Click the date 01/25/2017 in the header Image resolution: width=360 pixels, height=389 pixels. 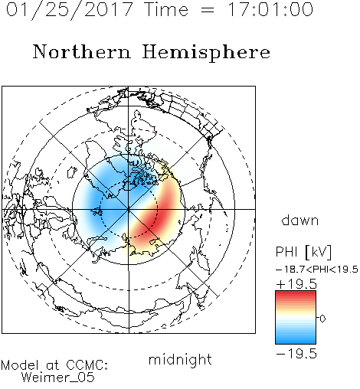pyautogui.click(x=70, y=10)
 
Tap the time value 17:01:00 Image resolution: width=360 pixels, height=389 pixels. pyautogui.click(x=270, y=9)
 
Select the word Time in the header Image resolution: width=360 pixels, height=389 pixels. pyautogui.click(x=166, y=9)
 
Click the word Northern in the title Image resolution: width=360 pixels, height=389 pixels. pyautogui.click(x=82, y=51)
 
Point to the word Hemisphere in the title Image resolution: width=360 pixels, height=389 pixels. pyautogui.click(x=206, y=53)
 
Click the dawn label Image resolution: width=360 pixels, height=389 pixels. pyautogui.click(x=300, y=220)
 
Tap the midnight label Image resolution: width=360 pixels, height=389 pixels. pyautogui.click(x=180, y=359)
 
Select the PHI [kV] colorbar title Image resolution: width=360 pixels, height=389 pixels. pyautogui.click(x=303, y=252)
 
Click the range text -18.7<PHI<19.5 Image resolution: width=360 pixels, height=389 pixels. pyautogui.click(x=317, y=270)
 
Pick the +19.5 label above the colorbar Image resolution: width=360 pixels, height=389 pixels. pyautogui.click(x=296, y=284)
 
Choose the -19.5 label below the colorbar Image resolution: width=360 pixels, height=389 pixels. pyautogui.click(x=296, y=354)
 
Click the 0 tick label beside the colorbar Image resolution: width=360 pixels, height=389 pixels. pyautogui.click(x=322, y=319)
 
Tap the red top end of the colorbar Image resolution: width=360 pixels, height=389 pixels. pyautogui.click(x=296, y=293)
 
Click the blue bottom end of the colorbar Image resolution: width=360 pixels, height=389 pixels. pyautogui.click(x=296, y=341)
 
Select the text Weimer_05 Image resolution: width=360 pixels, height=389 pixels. pyautogui.click(x=58, y=377)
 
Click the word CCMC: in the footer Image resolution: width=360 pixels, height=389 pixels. pyautogui.click(x=87, y=365)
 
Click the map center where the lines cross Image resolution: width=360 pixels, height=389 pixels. pyautogui.click(x=129, y=209)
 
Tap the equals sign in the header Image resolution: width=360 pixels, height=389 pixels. pyautogui.click(x=208, y=10)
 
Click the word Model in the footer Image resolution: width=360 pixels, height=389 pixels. pyautogui.click(x=20, y=365)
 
